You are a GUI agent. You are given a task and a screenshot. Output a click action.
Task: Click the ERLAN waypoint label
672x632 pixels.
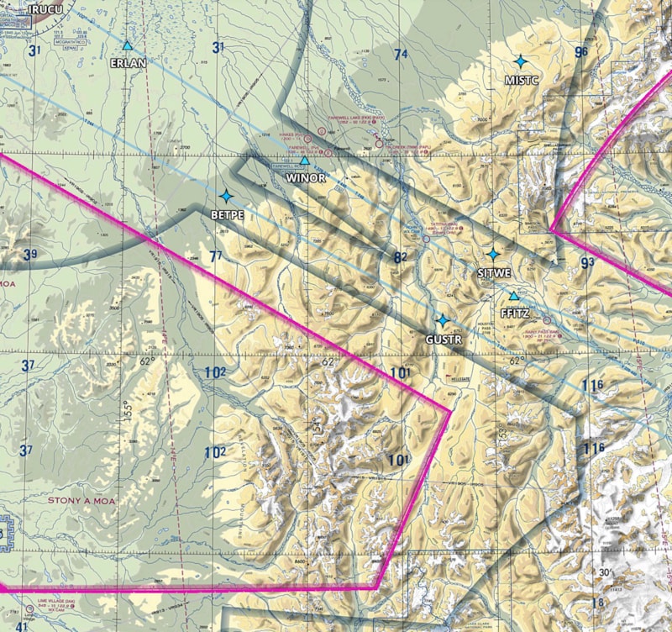tap(127, 62)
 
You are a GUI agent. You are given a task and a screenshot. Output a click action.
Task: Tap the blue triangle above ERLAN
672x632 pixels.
tap(127, 45)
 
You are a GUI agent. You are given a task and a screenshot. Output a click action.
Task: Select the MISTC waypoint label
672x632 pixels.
tap(521, 80)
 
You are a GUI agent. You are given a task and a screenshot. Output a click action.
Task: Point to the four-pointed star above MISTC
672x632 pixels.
tap(521, 61)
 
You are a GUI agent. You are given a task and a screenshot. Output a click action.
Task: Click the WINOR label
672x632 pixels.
tap(305, 178)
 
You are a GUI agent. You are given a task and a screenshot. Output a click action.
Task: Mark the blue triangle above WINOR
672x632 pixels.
tap(305, 160)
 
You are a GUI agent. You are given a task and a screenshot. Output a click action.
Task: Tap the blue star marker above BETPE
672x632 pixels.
tap(225, 196)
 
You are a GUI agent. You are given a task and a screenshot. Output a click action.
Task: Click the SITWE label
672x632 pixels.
tap(494, 273)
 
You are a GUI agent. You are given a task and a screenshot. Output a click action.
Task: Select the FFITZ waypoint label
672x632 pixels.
tap(513, 312)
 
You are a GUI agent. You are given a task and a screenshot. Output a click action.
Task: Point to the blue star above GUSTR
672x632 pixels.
tap(442, 320)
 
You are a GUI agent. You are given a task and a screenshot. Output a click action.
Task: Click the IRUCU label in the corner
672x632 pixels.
tap(45, 8)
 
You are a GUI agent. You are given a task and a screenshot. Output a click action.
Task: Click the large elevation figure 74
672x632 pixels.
tap(401, 55)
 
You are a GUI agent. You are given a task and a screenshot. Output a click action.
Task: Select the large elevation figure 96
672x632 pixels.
tap(581, 52)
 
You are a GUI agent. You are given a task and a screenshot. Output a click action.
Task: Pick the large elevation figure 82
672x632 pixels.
tap(400, 257)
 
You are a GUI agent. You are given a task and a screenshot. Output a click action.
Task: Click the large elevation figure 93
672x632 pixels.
tap(587, 263)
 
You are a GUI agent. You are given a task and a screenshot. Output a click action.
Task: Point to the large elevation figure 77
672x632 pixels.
tap(216, 255)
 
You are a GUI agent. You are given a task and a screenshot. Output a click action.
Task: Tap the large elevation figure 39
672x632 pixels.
tap(31, 255)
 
